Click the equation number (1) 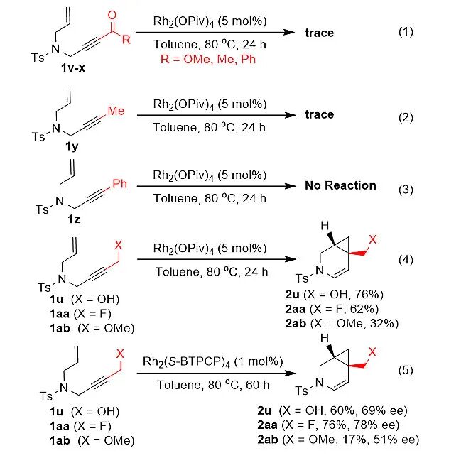(x=406, y=33)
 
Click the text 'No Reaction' (x=340, y=185)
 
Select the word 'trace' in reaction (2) (x=319, y=114)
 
